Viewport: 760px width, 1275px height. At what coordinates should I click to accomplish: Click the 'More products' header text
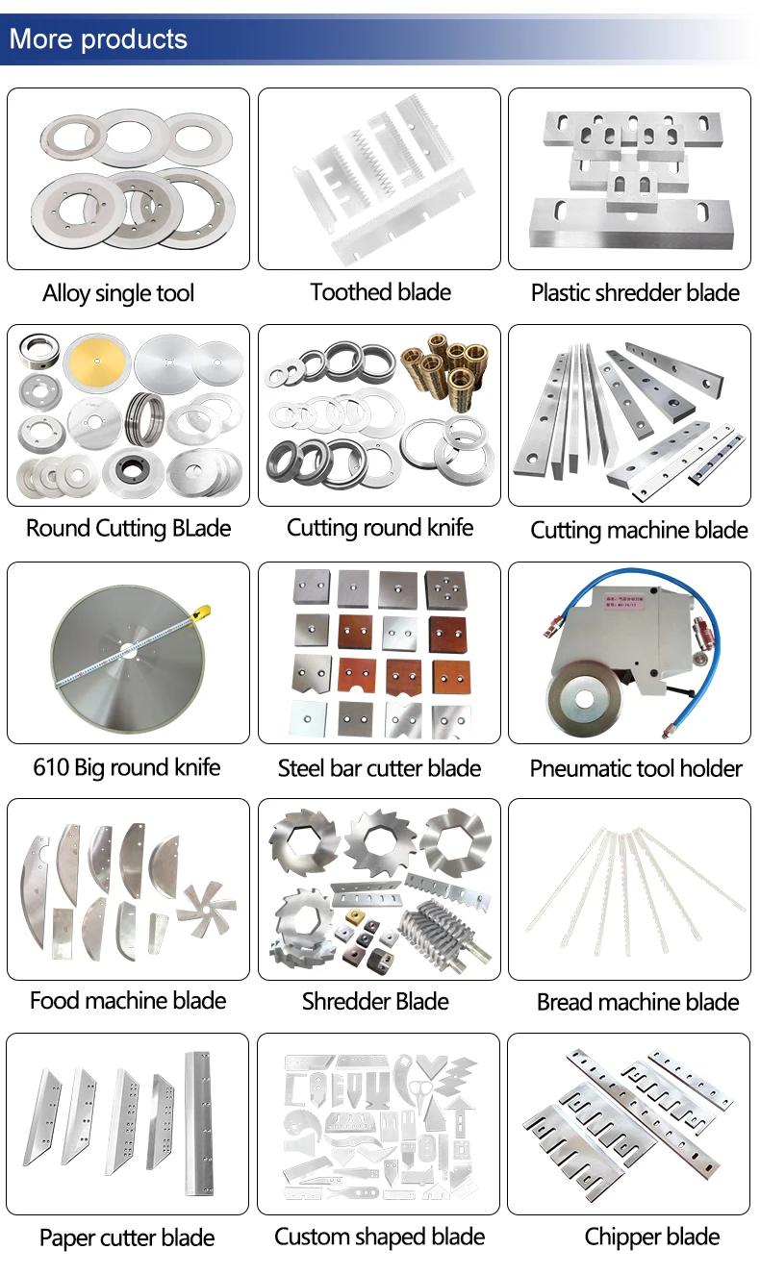pos(98,39)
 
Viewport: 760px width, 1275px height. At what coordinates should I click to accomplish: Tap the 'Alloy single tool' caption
pos(118,293)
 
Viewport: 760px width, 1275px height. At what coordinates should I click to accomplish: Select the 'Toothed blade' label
pos(380,292)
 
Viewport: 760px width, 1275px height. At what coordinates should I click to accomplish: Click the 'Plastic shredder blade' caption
pos(635,293)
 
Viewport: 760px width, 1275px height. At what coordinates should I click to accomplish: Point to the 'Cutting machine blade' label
pos(639,530)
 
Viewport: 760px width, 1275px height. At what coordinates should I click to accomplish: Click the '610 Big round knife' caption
pos(127,767)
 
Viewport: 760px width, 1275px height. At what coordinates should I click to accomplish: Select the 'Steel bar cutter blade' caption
pos(379,768)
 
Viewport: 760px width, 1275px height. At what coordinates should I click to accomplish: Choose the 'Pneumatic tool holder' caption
pos(636,768)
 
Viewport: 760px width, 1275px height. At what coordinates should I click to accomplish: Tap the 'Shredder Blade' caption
pos(375,1001)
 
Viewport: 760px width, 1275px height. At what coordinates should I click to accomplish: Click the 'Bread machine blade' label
pos(638,1002)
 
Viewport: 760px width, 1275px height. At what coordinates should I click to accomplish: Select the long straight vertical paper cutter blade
pos(199,1121)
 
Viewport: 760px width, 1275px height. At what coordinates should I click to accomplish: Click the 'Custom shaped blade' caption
pos(379,1237)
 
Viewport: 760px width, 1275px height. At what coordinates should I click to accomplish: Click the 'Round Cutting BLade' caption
pos(128,528)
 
